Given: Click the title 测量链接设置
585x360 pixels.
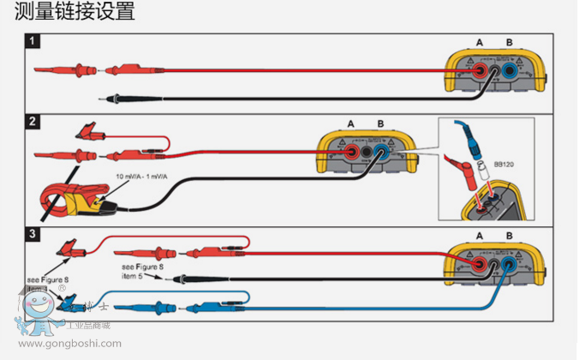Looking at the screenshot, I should (x=69, y=13).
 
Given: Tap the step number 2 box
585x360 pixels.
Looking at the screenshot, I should (x=33, y=121).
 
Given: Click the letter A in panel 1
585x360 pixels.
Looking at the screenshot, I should (x=480, y=42).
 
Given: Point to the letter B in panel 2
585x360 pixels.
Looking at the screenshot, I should (x=380, y=123).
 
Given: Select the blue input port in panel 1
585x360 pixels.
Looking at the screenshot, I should (x=510, y=72).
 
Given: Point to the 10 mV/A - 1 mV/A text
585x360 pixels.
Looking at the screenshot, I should (x=142, y=177).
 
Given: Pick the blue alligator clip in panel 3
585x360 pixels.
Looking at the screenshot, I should (x=68, y=299).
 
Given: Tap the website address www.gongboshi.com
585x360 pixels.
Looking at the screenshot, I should (x=69, y=345).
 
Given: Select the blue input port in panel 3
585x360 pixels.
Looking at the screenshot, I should (x=510, y=267).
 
